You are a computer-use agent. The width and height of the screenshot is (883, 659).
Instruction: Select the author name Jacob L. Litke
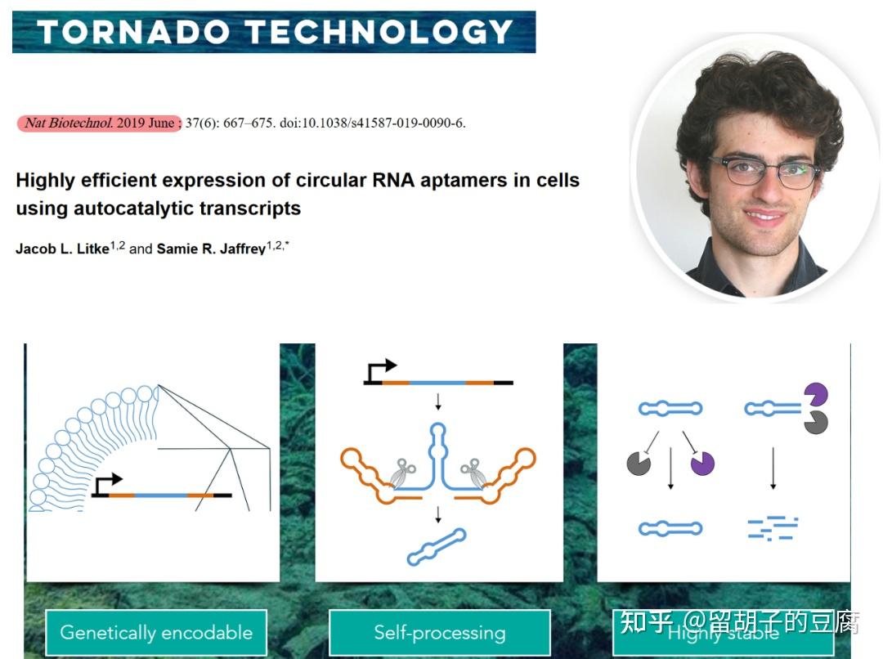tap(62, 249)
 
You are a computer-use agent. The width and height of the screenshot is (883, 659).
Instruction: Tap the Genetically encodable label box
tap(156, 633)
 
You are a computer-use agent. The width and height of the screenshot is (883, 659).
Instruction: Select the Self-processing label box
tap(440, 633)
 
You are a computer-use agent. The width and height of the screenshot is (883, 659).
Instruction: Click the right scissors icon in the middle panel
tap(473, 472)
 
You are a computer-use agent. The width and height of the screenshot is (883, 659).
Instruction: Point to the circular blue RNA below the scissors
tap(437, 548)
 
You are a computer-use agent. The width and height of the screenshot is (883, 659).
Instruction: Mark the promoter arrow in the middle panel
tap(382, 370)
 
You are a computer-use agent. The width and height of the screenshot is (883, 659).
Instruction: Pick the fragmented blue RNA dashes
tap(772, 527)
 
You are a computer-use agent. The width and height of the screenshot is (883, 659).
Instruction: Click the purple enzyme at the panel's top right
tap(815, 395)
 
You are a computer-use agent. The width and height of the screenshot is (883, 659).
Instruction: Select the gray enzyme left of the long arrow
tap(639, 464)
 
